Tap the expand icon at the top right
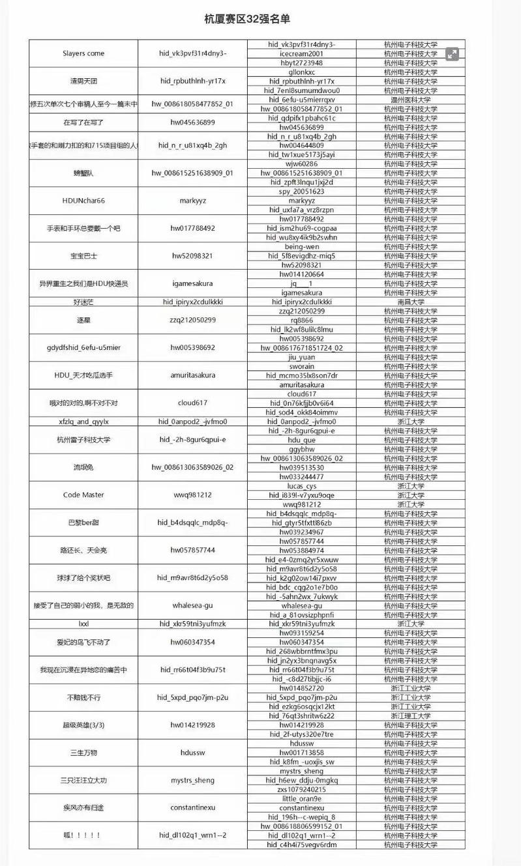pos(452,55)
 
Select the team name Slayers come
pos(83,53)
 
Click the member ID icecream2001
pos(301,53)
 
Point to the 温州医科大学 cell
pos(410,100)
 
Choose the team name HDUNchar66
pos(83,201)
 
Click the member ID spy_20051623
pos(301,192)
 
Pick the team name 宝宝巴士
pos(83,256)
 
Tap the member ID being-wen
pos(301,247)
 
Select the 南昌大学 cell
pos(410,302)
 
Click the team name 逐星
pos(83,320)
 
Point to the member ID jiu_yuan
pos(301,357)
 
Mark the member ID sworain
pos(301,366)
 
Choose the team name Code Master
pos(83,495)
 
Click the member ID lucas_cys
pos(301,486)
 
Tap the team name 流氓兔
pos(83,467)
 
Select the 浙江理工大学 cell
pos(410,715)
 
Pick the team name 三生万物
pos(83,753)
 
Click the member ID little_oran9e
pos(301,798)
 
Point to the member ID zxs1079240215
pos(301,789)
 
